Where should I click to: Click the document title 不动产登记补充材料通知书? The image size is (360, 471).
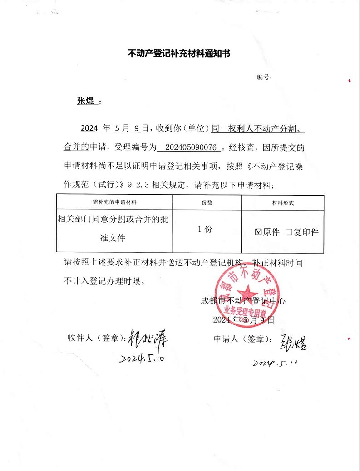coord(179,54)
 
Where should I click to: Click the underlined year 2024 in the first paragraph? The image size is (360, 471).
coord(89,128)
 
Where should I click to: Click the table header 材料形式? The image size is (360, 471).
coord(282,203)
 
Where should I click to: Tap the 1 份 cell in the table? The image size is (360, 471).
coord(205,230)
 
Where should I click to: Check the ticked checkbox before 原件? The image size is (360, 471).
coord(258,232)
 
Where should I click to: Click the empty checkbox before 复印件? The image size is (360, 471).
coord(289,232)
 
